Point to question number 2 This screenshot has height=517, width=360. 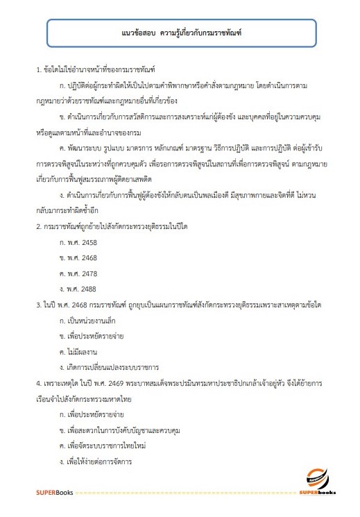[x=38, y=226]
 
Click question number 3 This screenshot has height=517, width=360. [x=38, y=305]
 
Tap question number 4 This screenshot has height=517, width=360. [x=38, y=382]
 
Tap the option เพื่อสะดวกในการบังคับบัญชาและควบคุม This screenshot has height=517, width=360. [x=125, y=430]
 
